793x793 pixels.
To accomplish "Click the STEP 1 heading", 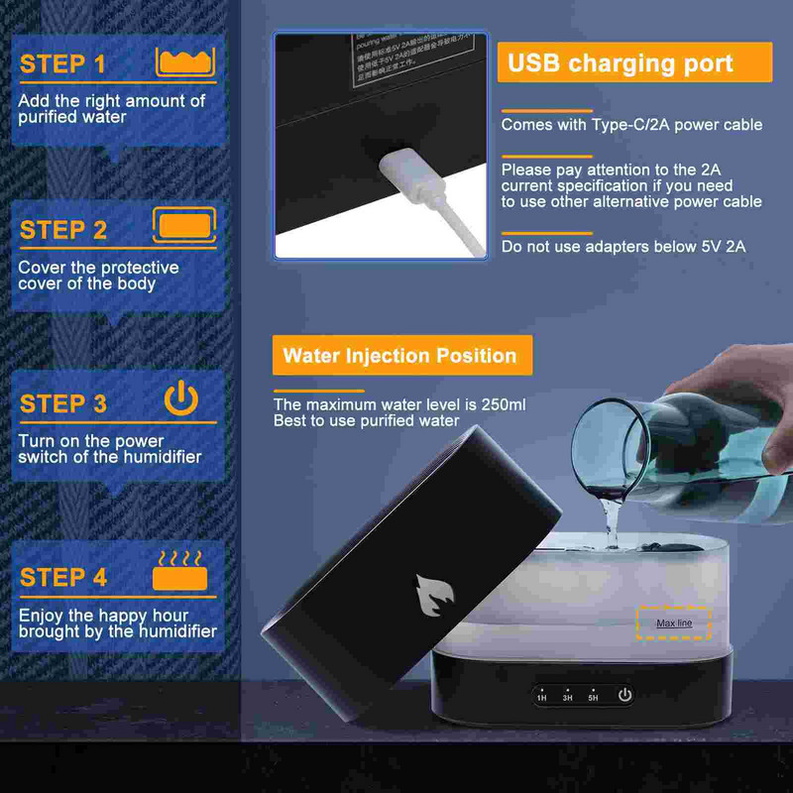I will (x=62, y=64).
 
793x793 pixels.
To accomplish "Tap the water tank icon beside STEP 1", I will (x=185, y=61).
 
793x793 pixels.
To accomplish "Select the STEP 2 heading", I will (x=63, y=230).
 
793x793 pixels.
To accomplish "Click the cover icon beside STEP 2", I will (x=184, y=225).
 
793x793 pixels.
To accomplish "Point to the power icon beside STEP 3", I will (x=181, y=398).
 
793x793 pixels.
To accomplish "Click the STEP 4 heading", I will (x=63, y=577).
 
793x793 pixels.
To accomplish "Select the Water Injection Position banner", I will (x=400, y=356).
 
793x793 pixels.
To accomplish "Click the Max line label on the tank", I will (x=674, y=623).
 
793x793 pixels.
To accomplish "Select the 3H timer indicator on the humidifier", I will (x=567, y=697).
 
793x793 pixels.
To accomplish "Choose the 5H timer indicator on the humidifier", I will (x=593, y=697).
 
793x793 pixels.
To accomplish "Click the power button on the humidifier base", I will (x=624, y=695).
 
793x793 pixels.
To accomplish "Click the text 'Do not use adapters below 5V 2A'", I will (x=623, y=246).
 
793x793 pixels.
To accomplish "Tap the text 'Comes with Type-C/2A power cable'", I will (x=630, y=125).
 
